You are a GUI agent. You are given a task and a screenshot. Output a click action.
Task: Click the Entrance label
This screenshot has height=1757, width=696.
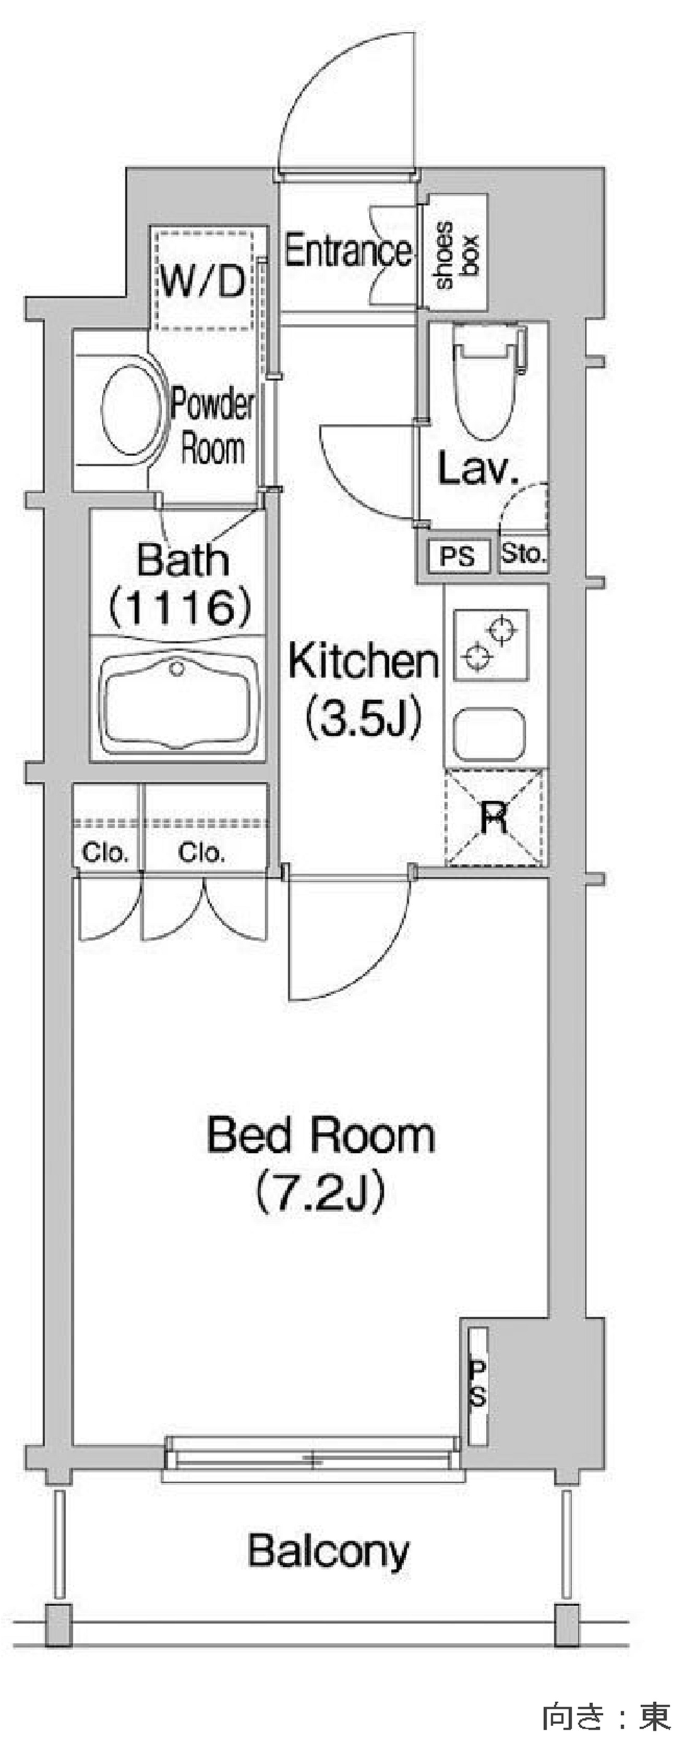click(348, 251)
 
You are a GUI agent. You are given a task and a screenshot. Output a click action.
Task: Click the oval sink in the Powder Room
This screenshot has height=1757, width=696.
click(133, 407)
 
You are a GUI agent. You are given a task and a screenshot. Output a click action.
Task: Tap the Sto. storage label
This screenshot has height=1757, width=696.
click(523, 553)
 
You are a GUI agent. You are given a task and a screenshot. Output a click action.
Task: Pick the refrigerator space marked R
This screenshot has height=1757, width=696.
click(495, 817)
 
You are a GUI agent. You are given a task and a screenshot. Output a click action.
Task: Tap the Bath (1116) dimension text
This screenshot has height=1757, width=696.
click(181, 584)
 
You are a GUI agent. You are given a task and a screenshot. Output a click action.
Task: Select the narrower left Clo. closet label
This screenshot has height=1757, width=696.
click(105, 852)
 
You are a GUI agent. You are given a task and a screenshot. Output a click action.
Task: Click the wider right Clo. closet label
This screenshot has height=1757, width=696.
click(201, 852)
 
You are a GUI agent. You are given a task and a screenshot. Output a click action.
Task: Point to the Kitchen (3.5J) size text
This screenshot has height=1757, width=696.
click(363, 689)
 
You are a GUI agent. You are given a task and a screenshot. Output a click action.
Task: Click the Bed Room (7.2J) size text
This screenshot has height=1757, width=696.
click(321, 1164)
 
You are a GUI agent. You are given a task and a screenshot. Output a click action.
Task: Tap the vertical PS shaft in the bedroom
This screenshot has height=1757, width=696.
click(477, 1385)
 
